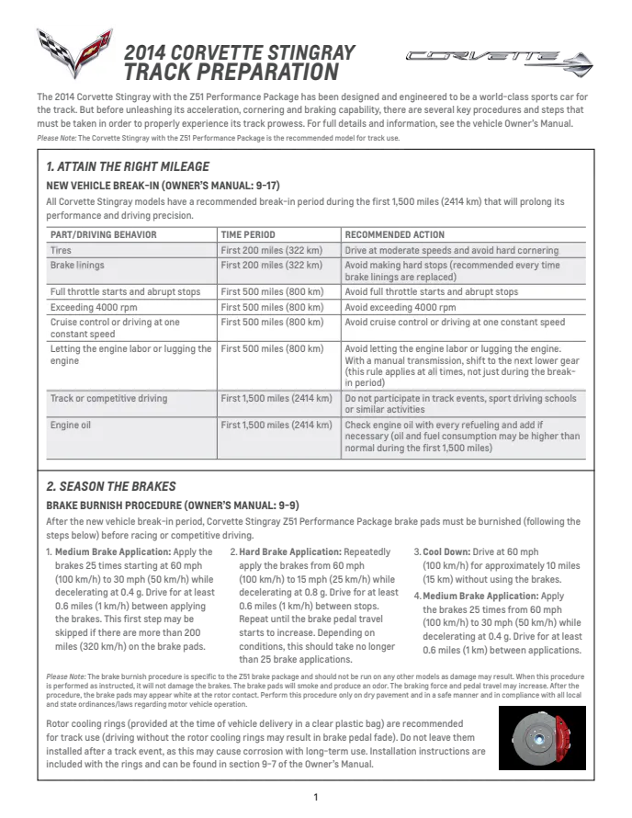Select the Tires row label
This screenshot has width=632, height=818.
[62, 250]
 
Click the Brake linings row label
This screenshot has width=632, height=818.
[77, 266]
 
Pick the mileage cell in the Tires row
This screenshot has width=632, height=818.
[272, 250]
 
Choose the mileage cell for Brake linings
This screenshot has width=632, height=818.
[272, 266]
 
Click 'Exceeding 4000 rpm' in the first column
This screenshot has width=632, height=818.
[95, 308]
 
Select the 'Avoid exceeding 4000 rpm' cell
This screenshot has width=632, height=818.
[401, 308]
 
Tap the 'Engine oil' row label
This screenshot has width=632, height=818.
[71, 426]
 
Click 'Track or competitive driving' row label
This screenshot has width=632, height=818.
[109, 399]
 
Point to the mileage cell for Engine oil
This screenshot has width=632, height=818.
[276, 426]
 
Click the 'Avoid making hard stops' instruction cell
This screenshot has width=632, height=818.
[451, 271]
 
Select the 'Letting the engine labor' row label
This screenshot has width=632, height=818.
[130, 355]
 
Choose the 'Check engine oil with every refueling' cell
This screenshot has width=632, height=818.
[462, 437]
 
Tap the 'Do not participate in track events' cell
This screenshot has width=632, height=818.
[460, 404]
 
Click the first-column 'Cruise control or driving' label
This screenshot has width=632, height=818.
[115, 328]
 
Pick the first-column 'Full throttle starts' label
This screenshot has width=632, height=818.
[125, 292]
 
